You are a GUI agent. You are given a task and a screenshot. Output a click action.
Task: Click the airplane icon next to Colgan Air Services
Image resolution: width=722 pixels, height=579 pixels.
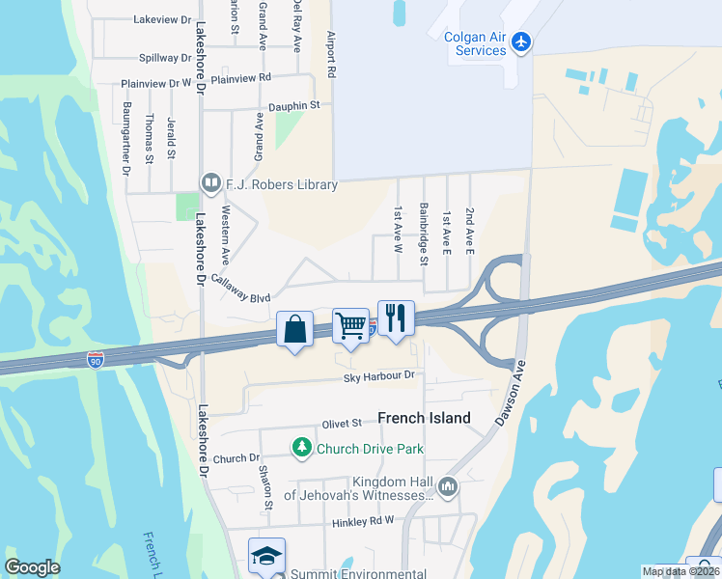pos(521,41)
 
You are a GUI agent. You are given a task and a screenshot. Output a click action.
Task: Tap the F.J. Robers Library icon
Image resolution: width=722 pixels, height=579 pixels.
pos(209,182)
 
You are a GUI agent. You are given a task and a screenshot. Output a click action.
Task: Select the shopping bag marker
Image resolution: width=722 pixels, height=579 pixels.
pos(294,328)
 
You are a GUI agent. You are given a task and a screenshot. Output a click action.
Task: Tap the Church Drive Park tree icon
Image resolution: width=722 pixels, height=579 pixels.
pos(302,448)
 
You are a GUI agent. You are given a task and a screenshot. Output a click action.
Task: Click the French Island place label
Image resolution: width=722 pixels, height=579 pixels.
pos(424,418)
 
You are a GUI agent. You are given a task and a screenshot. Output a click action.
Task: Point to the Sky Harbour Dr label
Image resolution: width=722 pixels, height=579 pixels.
pos(379,375)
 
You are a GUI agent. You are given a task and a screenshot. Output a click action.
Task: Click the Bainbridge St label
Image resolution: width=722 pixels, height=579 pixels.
pos(424,229)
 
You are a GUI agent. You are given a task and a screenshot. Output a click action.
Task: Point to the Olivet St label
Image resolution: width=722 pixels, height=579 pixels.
pos(342,423)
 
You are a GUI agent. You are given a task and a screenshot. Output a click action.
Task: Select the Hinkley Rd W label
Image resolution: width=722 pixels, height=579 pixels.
pos(364,521)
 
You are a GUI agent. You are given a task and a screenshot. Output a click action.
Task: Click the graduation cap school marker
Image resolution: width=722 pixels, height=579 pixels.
pos(266,556)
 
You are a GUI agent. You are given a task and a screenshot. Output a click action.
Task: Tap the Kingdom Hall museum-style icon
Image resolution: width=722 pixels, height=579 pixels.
pos(447,487)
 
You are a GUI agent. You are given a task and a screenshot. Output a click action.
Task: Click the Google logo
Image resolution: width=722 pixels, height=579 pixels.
pos(32,567)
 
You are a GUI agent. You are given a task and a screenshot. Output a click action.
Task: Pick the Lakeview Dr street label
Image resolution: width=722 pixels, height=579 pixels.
pos(162,19)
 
